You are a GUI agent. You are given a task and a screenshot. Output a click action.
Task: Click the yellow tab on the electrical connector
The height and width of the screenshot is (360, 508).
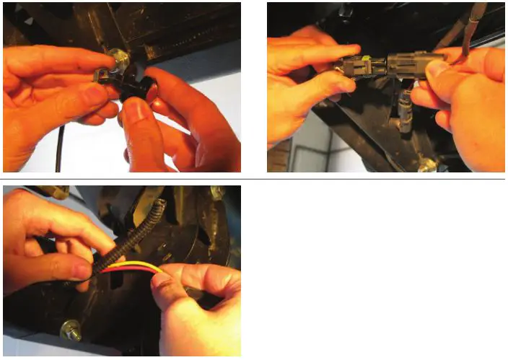(x=369, y=60)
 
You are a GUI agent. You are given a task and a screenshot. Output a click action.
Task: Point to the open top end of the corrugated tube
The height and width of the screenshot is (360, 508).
(x=159, y=206)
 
